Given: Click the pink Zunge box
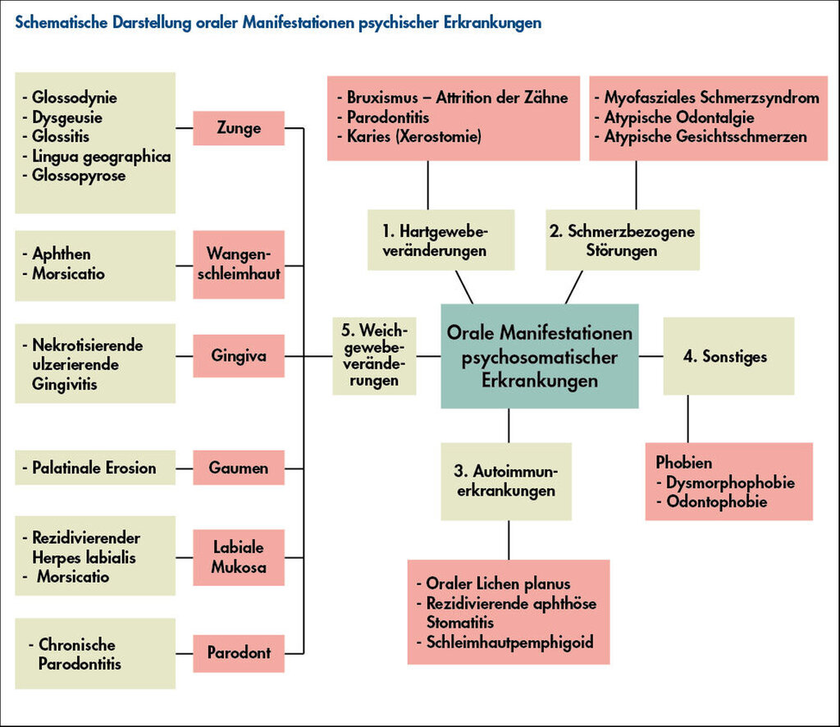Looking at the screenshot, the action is tap(239, 128).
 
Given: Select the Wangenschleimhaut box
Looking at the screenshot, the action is tap(239, 265).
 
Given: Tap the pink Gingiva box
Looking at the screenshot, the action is tap(239, 356).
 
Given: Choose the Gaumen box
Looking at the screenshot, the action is tap(239, 468).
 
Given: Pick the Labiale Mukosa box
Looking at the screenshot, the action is tap(239, 557).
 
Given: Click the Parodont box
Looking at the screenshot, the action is tap(239, 653).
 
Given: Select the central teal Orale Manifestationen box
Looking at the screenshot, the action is tap(540, 356).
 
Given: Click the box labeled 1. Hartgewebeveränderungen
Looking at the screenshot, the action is tap(441, 240).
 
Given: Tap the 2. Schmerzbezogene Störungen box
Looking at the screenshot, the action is tap(623, 240).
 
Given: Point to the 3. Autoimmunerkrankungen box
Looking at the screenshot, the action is tap(506, 481).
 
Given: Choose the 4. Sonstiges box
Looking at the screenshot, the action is tap(728, 356).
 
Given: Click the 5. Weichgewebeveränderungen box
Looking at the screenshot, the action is tap(374, 356).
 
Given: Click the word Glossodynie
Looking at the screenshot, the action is tap(75, 98).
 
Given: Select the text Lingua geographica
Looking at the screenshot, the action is tap(101, 157).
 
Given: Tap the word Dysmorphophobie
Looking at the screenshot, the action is tap(730, 482).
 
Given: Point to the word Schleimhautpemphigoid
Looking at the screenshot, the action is tap(509, 642).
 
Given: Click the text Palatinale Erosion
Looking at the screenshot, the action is tap(94, 468).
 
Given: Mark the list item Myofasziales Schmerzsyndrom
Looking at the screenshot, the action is tap(712, 98).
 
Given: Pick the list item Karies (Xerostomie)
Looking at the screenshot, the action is tap(414, 136).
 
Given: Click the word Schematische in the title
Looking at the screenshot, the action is tap(62, 22).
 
